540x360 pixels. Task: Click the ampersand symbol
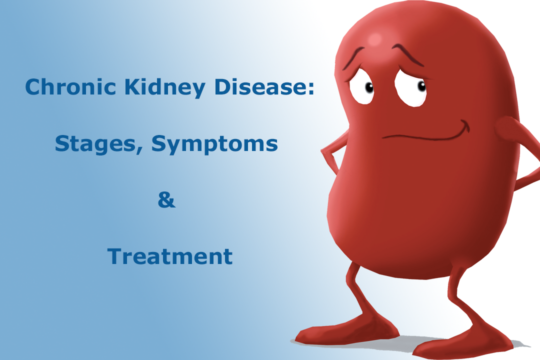pyautogui.click(x=166, y=200)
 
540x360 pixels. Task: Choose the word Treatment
pyautogui.click(x=170, y=256)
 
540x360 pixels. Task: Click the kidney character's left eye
pyautogui.click(x=363, y=88)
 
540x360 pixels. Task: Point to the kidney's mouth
pyautogui.click(x=425, y=133)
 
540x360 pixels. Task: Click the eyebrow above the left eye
pyautogui.click(x=355, y=56)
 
